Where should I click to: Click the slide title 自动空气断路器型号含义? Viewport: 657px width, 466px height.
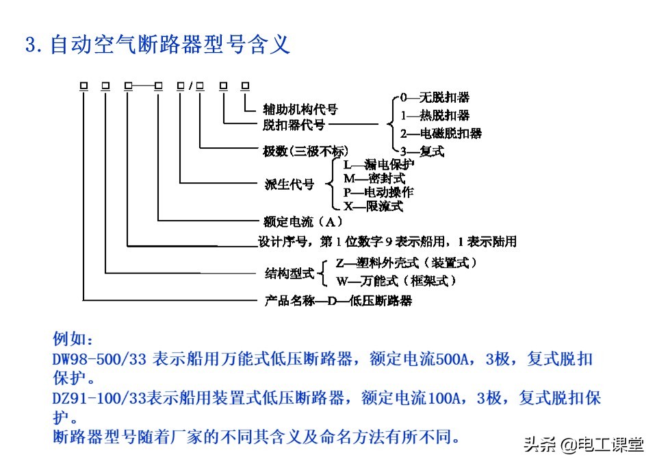click(157, 45)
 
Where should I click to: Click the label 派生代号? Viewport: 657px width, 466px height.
click(289, 184)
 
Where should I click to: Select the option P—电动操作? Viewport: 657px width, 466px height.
click(378, 193)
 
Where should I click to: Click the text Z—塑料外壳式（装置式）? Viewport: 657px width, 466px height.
click(406, 263)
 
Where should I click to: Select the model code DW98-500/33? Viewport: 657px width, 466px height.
click(100, 359)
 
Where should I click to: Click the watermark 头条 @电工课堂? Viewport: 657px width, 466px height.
click(583, 445)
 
